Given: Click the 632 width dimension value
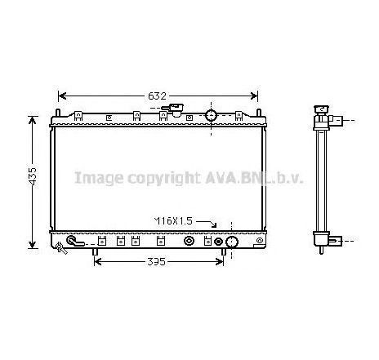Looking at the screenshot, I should [x=158, y=96].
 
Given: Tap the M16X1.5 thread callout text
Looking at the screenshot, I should [x=174, y=221].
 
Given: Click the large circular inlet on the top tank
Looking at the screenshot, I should [x=212, y=114].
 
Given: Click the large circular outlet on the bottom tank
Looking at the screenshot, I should [x=231, y=242].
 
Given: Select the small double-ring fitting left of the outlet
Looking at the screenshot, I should [x=217, y=242].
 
